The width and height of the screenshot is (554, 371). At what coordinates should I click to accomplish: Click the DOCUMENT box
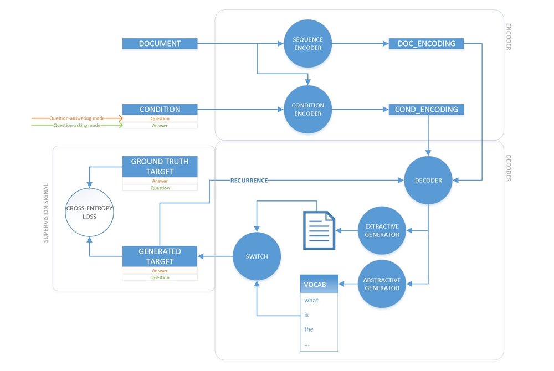click(160, 43)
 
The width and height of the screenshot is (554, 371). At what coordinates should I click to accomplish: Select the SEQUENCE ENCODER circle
click(307, 44)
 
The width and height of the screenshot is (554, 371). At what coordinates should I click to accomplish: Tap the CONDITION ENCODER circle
click(307, 109)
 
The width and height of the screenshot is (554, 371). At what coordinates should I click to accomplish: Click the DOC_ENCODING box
click(426, 43)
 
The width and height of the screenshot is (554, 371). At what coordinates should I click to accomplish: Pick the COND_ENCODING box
click(426, 109)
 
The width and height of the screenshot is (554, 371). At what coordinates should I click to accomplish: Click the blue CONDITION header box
click(160, 109)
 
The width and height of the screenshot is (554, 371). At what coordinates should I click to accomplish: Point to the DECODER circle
click(428, 180)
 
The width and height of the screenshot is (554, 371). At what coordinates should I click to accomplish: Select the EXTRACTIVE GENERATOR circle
click(382, 230)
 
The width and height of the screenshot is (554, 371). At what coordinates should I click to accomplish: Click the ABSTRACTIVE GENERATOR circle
click(382, 284)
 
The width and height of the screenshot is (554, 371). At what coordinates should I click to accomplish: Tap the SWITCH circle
click(257, 256)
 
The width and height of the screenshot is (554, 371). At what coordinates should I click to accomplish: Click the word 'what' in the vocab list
click(311, 300)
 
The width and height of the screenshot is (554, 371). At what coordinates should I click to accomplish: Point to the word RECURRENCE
click(249, 181)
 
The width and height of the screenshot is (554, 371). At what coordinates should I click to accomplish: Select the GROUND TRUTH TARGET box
click(160, 166)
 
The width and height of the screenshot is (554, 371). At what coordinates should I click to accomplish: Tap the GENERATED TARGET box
click(160, 256)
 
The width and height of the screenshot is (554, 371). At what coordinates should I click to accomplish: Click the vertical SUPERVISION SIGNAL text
click(46, 214)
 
